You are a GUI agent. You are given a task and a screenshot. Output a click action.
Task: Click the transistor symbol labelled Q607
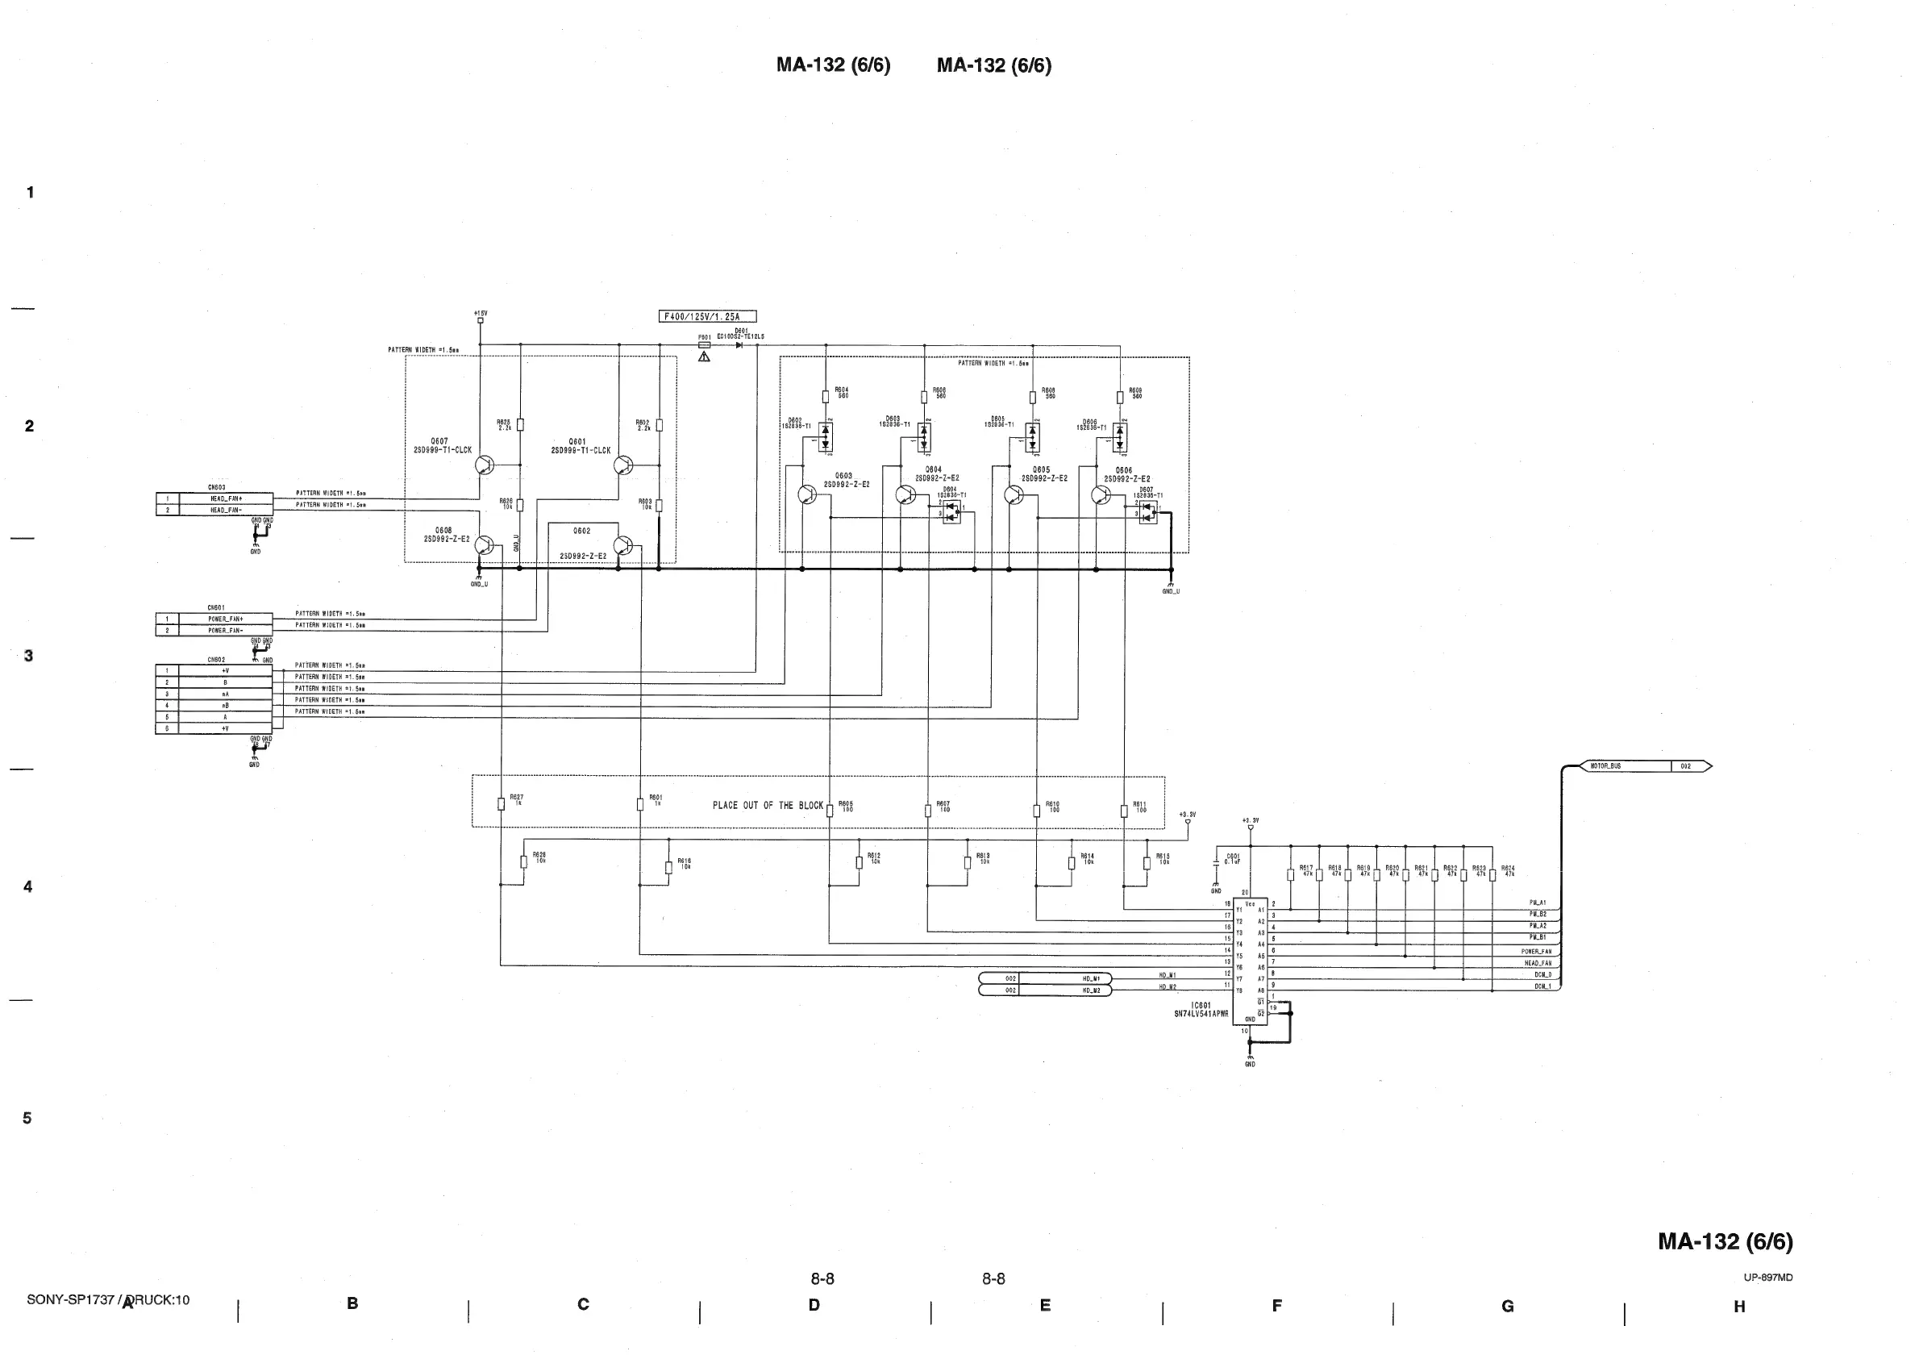pos(484,465)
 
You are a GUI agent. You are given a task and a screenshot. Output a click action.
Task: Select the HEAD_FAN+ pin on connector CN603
pos(226,498)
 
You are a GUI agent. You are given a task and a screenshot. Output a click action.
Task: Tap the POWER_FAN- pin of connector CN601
pos(226,630)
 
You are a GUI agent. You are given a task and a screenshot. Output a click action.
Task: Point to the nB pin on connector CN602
pos(226,706)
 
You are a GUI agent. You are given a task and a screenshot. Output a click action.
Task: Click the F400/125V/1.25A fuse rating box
pos(707,317)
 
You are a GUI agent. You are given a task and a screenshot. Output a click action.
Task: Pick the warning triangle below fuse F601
pos(704,357)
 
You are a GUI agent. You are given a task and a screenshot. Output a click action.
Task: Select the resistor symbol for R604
pos(825,396)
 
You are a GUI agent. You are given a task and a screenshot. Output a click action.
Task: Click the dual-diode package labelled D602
pos(825,436)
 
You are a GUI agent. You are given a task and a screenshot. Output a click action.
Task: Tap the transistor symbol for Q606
pos(1101,496)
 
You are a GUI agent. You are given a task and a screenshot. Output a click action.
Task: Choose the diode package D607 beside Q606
pos(1147,512)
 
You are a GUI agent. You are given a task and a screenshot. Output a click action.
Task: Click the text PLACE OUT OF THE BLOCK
pos(768,806)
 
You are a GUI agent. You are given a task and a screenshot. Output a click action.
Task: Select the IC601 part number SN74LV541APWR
pos(1201,1014)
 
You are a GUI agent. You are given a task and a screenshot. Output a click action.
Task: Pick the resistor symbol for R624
pos(1492,875)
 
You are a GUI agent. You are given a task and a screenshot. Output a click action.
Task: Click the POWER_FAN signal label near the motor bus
pos(1535,951)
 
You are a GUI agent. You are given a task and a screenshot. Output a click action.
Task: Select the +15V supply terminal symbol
pos(481,320)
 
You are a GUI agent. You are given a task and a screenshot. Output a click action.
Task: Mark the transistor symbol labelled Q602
pos(622,546)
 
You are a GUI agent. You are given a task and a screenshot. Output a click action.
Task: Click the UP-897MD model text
pos(1767,1278)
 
